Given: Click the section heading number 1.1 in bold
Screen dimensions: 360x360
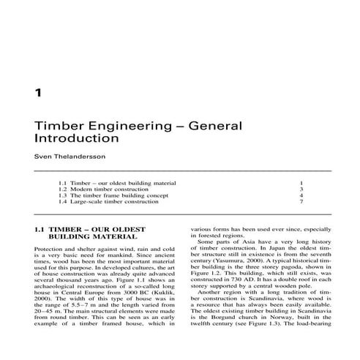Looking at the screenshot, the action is click(40, 228).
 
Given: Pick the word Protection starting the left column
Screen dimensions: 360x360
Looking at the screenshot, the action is click(50, 250).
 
